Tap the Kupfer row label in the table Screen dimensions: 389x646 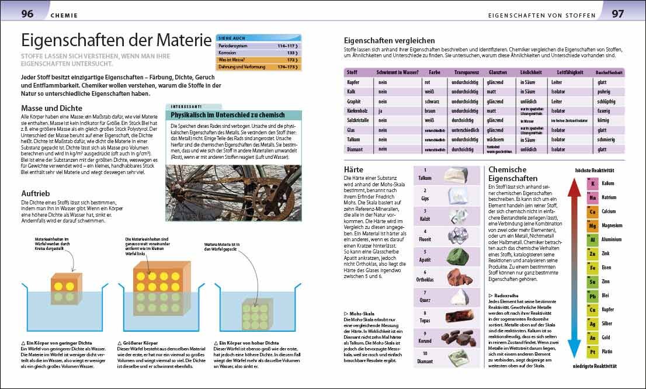pyautogui.click(x=355, y=83)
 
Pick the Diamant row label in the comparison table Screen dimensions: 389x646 pyautogui.click(x=356, y=149)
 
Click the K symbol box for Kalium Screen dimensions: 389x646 pyautogui.click(x=592, y=183)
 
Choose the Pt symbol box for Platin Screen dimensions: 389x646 pyautogui.click(x=592, y=352)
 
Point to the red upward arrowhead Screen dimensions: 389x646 pyautogui.click(x=575, y=187)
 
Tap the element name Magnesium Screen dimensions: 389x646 pyautogui.click(x=613, y=225)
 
